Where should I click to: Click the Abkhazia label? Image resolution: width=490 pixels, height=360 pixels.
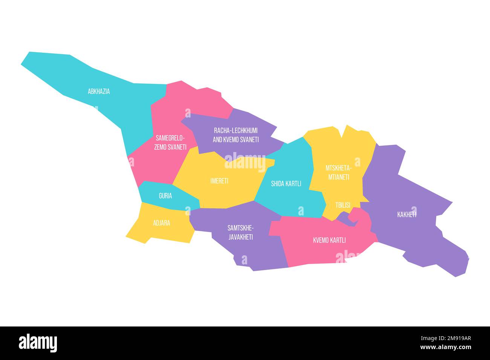[x=99, y=91]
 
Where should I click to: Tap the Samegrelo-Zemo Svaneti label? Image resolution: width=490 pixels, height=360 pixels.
[x=170, y=142]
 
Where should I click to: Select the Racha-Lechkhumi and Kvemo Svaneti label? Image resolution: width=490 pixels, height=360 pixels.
[x=236, y=135]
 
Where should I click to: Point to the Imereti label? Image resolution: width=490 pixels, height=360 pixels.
[x=219, y=181]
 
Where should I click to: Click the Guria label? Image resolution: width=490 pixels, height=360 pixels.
[x=165, y=196]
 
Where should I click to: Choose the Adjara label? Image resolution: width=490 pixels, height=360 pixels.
[x=161, y=223]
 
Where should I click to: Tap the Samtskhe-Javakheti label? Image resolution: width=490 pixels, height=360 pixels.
[x=240, y=232]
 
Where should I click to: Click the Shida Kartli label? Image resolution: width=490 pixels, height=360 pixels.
[x=286, y=184]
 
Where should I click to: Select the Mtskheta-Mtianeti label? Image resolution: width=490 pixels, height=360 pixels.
[x=338, y=172]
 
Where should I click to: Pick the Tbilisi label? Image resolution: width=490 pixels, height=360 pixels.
[x=343, y=205]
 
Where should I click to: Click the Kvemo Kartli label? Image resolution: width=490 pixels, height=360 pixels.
[x=329, y=240]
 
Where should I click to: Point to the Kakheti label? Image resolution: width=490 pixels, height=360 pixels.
[x=407, y=215]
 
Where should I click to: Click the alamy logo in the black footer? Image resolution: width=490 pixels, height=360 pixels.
[x=38, y=343]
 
